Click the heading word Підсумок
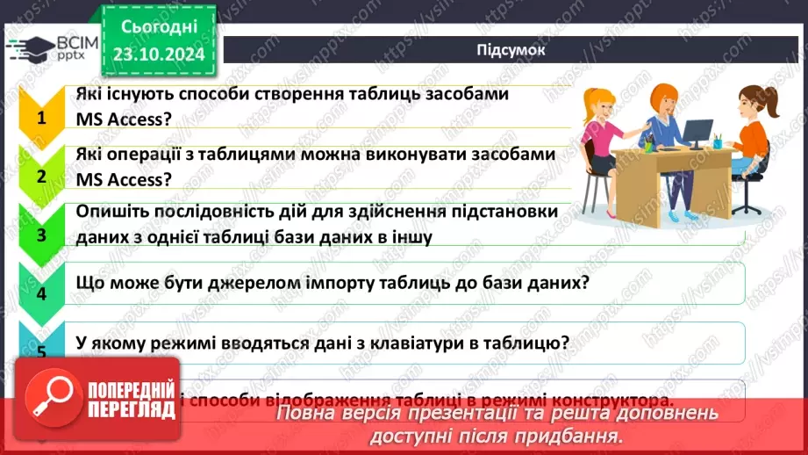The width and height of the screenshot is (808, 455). point(511,49)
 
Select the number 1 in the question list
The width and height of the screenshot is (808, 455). point(39,116)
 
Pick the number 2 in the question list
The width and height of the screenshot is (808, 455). point(39,175)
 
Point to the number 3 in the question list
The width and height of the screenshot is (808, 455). point(39,234)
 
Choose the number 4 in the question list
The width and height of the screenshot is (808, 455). point(39,292)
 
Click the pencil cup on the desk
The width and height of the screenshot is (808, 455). point(718,141)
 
